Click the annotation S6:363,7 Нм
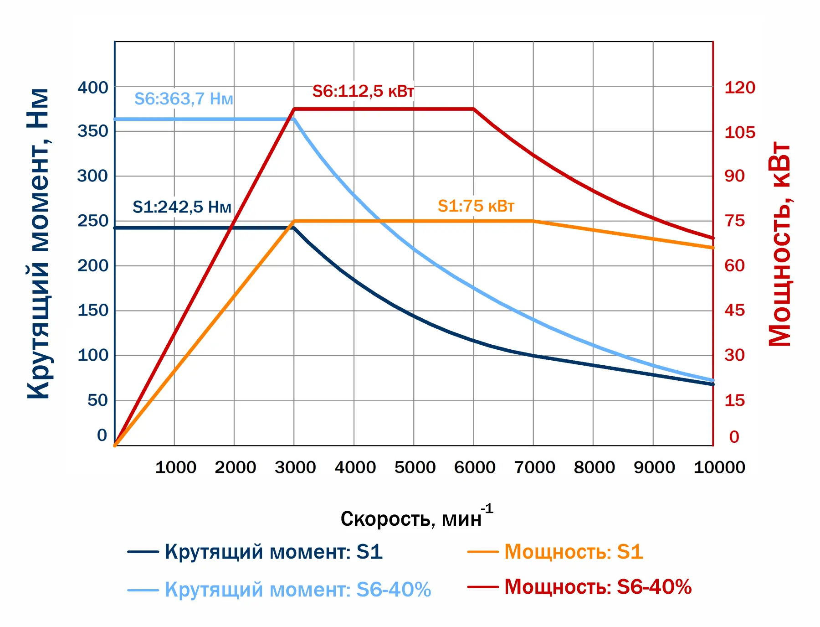tap(184, 99)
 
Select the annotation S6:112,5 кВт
tap(363, 91)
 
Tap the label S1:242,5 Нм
tap(182, 207)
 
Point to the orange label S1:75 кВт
tap(476, 206)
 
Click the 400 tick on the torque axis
tap(93, 88)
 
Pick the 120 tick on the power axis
tap(740, 88)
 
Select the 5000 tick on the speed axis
tap(415, 467)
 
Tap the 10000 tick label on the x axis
tap(719, 467)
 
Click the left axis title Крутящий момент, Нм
tap(38, 244)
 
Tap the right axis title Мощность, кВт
tap(780, 244)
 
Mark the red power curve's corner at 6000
tap(474, 109)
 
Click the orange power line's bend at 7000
tap(533, 221)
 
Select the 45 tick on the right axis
tap(734, 311)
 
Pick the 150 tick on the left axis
tap(93, 311)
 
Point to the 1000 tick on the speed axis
tap(175, 467)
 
